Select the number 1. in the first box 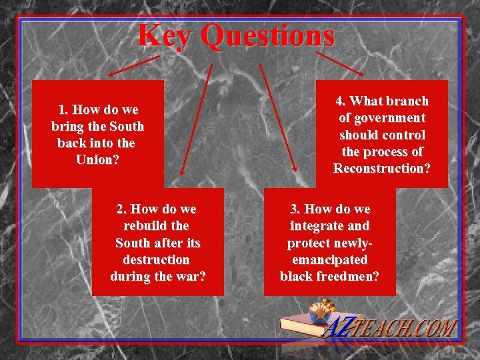pyautogui.click(x=64, y=109)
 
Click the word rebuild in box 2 pyautogui.click(x=157, y=226)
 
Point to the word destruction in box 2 pyautogui.click(x=157, y=259)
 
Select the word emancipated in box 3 pyautogui.click(x=329, y=259)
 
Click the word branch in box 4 pyautogui.click(x=404, y=101)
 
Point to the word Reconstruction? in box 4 pyautogui.click(x=381, y=168)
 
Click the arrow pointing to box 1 pyautogui.click(x=133, y=66)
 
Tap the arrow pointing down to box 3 pyautogui.click(x=277, y=120)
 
